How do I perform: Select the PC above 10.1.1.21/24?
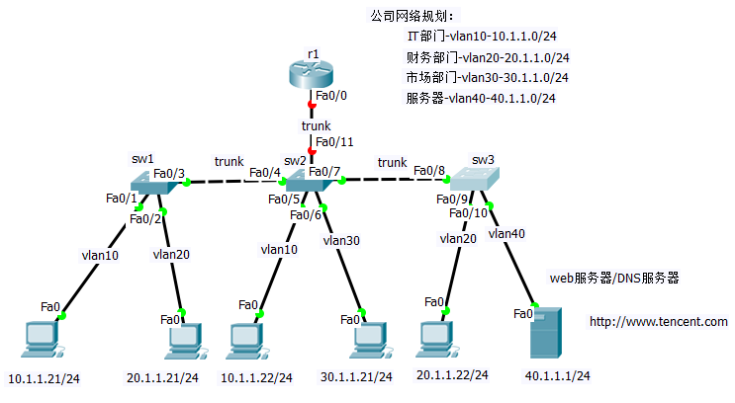pos(41,339)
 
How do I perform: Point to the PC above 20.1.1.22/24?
pos(436,339)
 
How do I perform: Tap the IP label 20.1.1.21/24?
pos(162,378)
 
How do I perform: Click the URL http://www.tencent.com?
pos(658,322)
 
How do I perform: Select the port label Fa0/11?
pos(333,142)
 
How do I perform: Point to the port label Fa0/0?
pos(330,97)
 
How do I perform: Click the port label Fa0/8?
pos(429,171)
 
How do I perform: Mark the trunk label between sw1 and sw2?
pos(230,162)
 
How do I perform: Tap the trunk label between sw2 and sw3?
pos(392,162)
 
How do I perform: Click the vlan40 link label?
pos(506,234)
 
